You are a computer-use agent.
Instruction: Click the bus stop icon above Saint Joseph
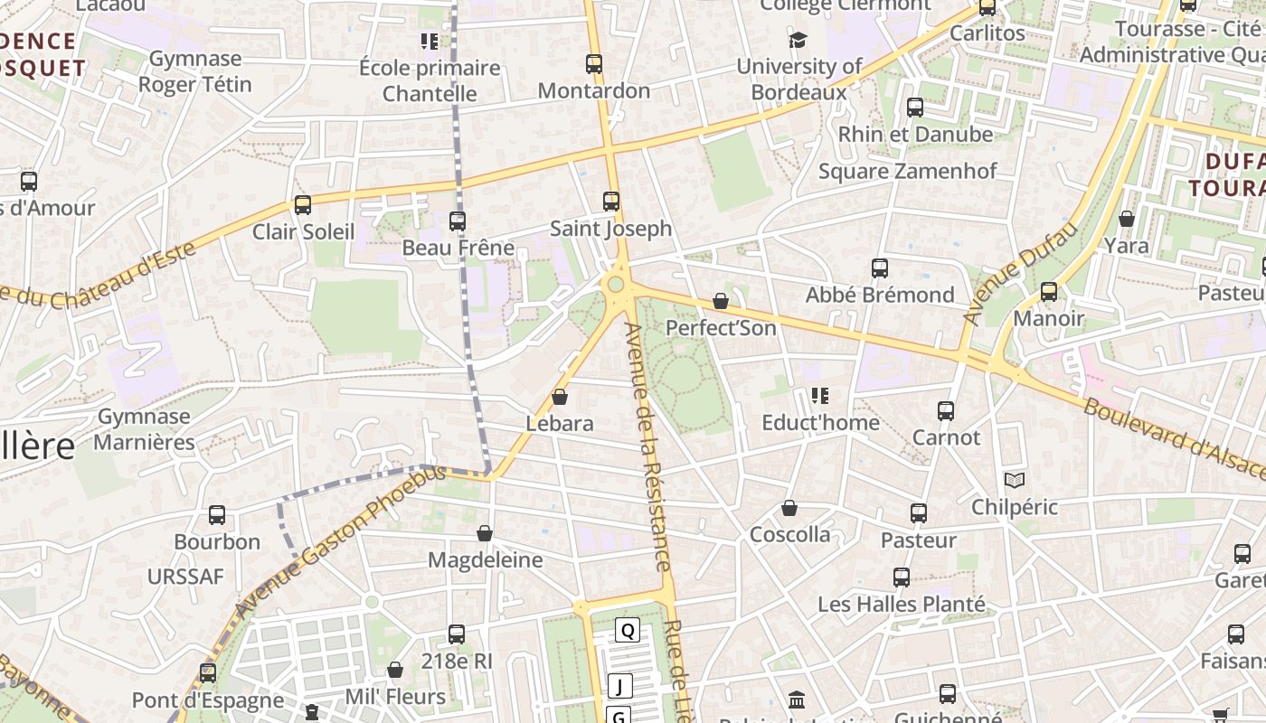611,201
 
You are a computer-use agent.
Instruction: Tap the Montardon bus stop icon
594,64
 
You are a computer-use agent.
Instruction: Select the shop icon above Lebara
560,397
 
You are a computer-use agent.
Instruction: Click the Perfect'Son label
721,328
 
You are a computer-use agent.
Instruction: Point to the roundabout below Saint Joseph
616,285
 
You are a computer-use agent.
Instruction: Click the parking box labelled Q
628,630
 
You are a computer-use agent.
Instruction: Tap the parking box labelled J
619,687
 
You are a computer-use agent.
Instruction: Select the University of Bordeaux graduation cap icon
798,40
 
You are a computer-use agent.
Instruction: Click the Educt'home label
820,423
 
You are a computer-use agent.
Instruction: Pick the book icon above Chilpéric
1015,480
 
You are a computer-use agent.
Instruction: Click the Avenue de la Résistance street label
648,447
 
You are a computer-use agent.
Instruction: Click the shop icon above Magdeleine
485,533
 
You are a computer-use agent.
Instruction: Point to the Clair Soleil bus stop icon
303,205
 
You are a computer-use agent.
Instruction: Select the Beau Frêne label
458,248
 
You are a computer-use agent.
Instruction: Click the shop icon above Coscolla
789,508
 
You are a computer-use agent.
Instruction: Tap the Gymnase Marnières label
144,429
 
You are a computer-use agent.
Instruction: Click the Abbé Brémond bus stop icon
880,268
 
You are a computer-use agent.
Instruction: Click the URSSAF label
185,577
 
